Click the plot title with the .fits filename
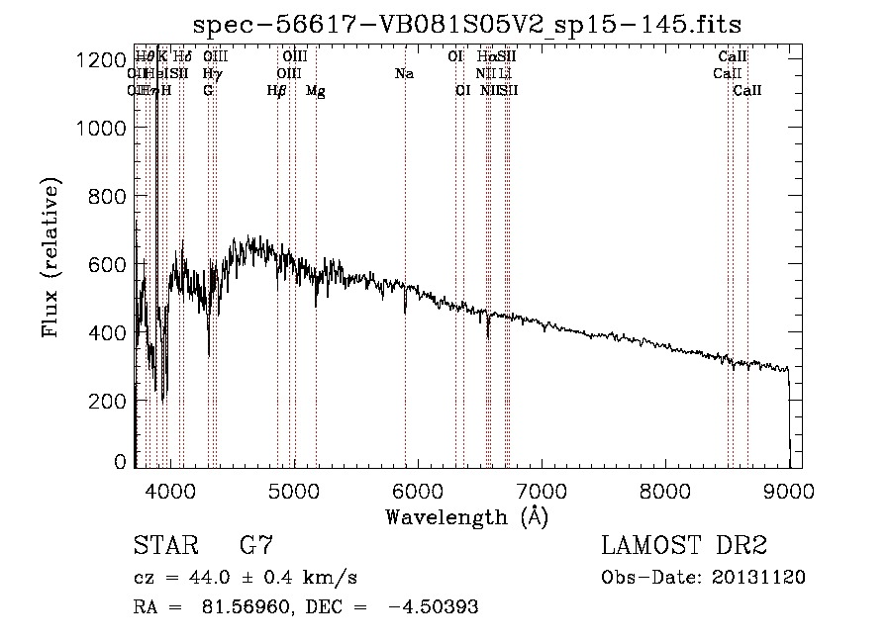tap(467, 25)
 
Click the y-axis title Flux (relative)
tap(50, 258)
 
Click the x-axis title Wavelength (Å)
tap(466, 516)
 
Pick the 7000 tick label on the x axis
tap(542, 490)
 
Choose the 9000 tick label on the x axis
tap(789, 490)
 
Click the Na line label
tap(404, 74)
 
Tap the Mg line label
tap(315, 91)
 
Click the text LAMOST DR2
tap(683, 546)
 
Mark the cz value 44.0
tap(206, 578)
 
